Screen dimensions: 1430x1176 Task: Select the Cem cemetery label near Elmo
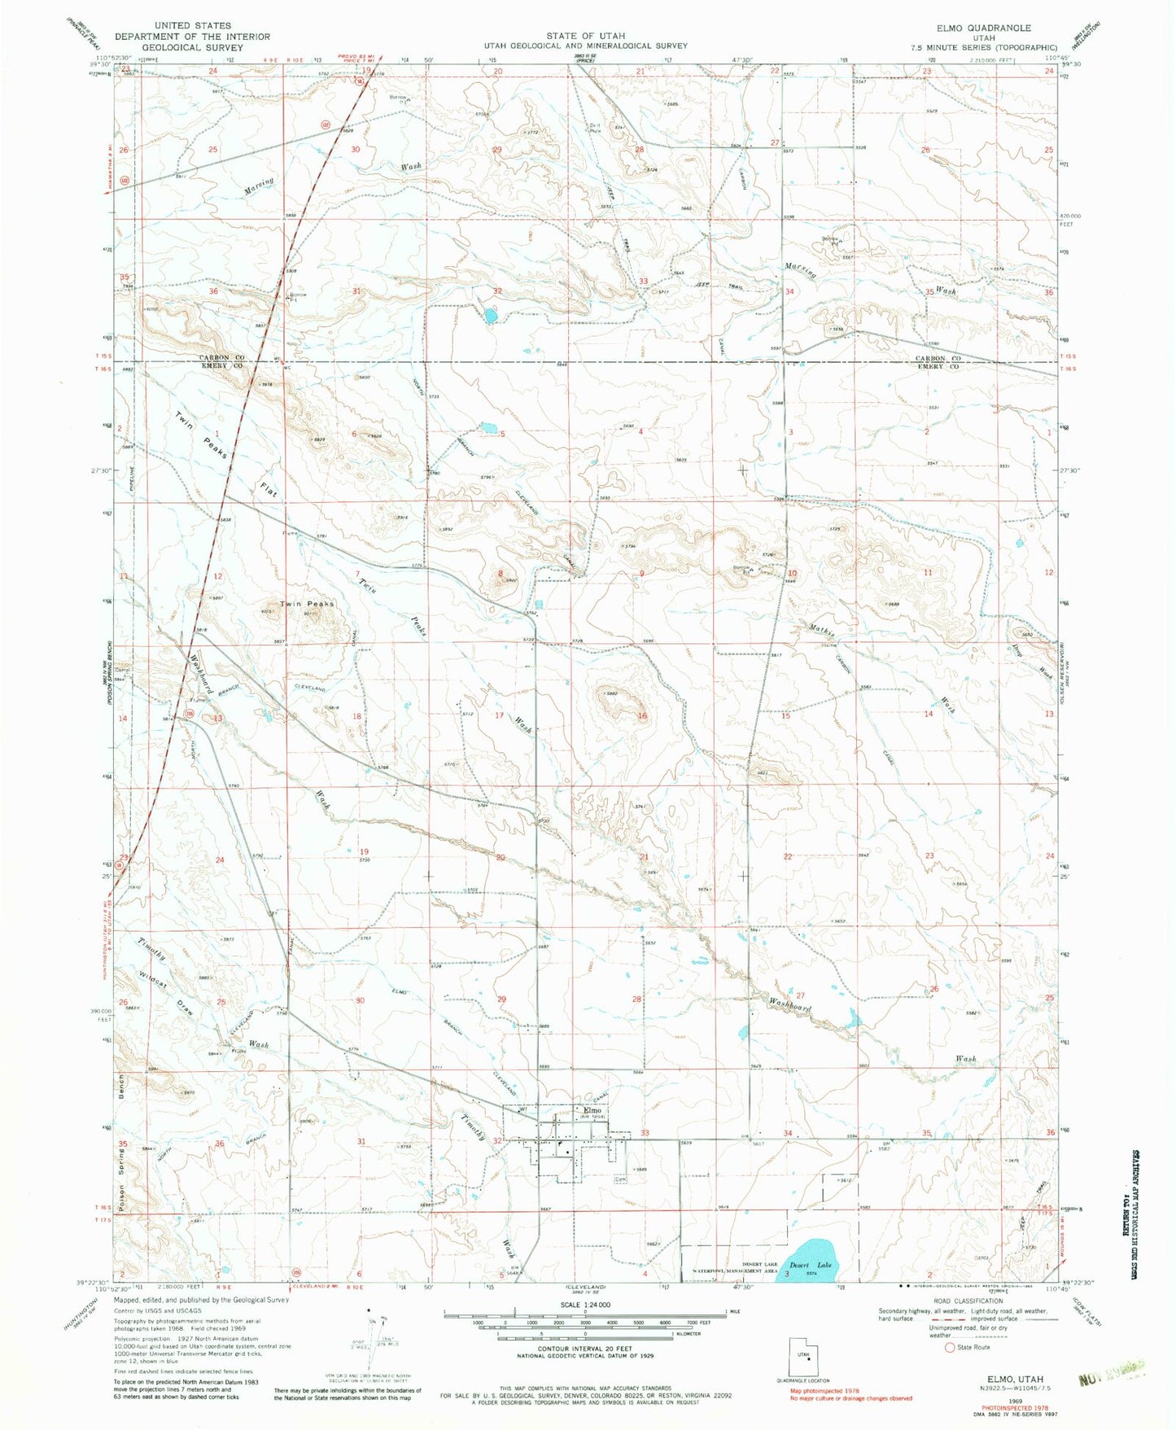[x=621, y=1177]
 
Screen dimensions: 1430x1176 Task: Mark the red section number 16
[x=642, y=716]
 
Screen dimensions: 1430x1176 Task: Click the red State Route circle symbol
[x=949, y=1370]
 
